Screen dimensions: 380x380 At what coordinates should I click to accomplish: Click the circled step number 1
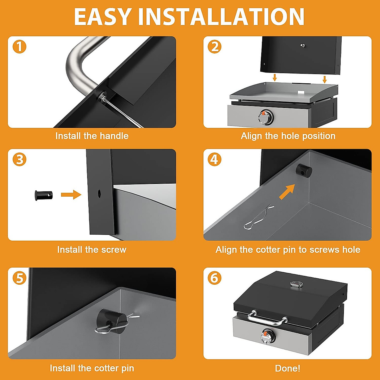(19, 47)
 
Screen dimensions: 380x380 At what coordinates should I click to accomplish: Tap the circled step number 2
(214, 47)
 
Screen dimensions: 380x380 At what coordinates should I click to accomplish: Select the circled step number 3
(19, 159)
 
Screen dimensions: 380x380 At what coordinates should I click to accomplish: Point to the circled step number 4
(214, 159)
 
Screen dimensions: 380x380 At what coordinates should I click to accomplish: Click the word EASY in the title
(102, 17)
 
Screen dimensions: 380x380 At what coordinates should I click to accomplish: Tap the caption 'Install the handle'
(92, 136)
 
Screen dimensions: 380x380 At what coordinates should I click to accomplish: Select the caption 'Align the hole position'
(288, 136)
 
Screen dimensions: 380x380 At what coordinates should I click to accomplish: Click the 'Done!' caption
(288, 368)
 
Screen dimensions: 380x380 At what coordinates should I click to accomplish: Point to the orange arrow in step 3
(71, 195)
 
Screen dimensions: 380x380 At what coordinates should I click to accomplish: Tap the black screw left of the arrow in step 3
(44, 195)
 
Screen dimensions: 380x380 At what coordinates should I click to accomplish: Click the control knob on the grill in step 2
(265, 117)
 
